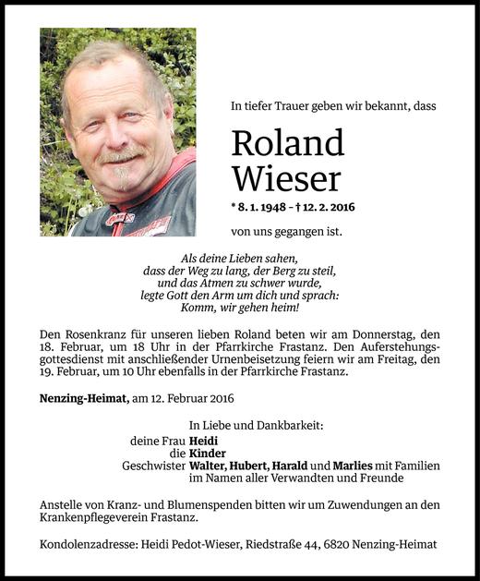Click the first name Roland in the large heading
[287, 143]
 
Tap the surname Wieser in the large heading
[286, 178]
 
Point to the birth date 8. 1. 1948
[270, 206]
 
